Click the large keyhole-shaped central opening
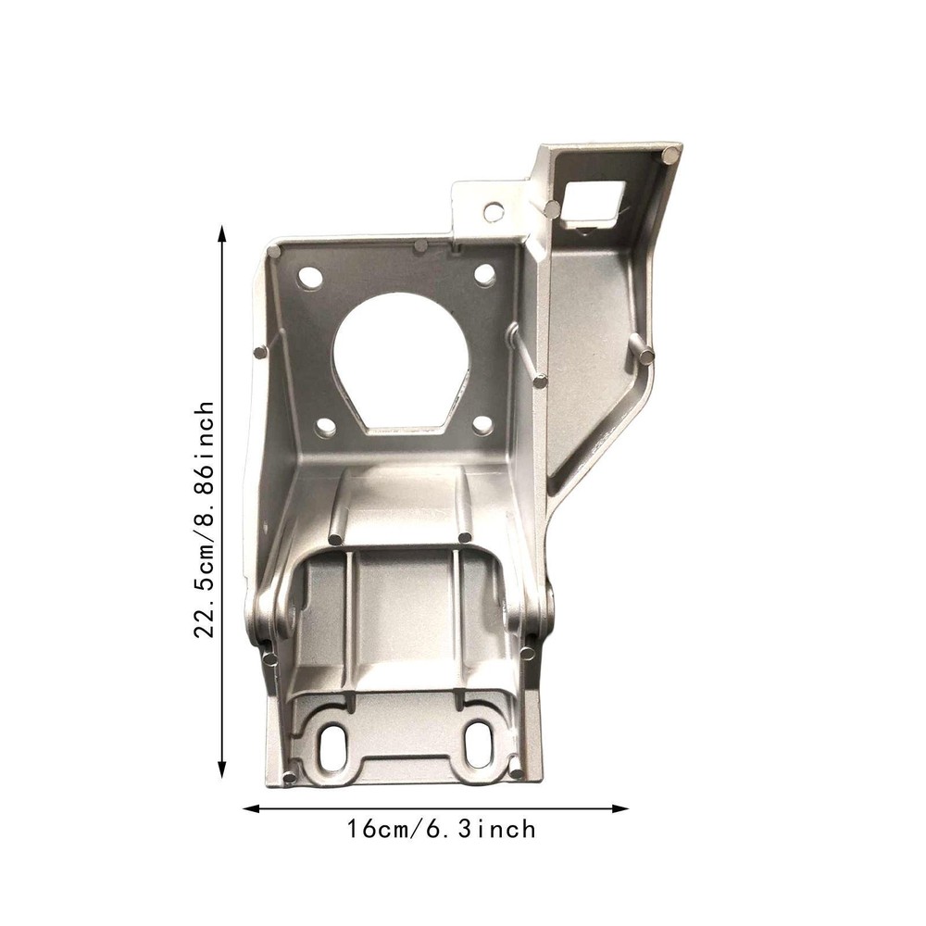pos(402,361)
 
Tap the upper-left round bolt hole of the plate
pos(310,276)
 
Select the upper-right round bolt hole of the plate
pos(484,272)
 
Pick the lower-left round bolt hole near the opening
pos(325,426)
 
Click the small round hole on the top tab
pos(494,211)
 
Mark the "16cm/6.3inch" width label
pos(441,829)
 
